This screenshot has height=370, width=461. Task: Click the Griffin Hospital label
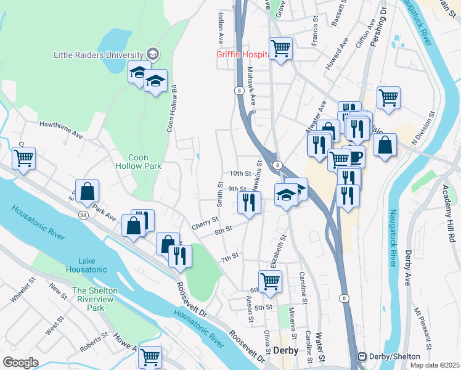(x=241, y=54)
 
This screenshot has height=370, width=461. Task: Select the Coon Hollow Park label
(x=138, y=162)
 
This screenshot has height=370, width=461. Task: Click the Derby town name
(x=285, y=350)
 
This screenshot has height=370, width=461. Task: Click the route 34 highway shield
(x=83, y=215)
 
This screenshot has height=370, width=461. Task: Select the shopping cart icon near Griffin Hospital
(x=280, y=47)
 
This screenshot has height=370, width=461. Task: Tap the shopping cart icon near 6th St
(x=270, y=281)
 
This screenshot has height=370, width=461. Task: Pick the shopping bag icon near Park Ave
(x=87, y=191)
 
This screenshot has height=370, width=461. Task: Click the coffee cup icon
(x=355, y=156)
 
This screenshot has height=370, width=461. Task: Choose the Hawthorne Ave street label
(x=61, y=128)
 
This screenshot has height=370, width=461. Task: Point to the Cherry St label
(x=205, y=221)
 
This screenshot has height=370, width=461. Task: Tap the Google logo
(x=20, y=363)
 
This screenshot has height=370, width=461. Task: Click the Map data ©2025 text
(x=434, y=365)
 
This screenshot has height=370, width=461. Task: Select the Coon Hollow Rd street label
(x=172, y=109)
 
